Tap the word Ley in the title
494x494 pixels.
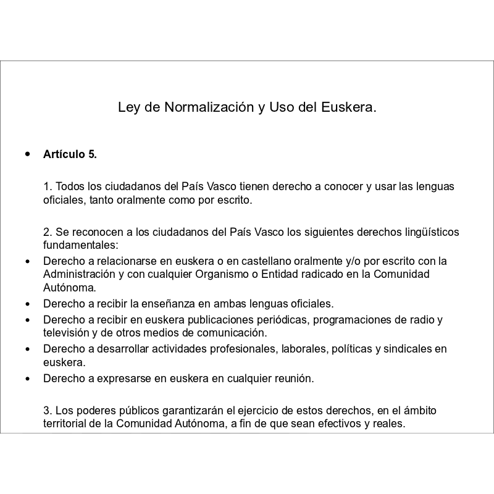tap(128, 107)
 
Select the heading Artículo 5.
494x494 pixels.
tap(70, 154)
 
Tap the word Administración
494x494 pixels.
tap(78, 274)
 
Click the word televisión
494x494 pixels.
tap(66, 333)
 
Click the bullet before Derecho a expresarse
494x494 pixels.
tap(27, 378)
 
